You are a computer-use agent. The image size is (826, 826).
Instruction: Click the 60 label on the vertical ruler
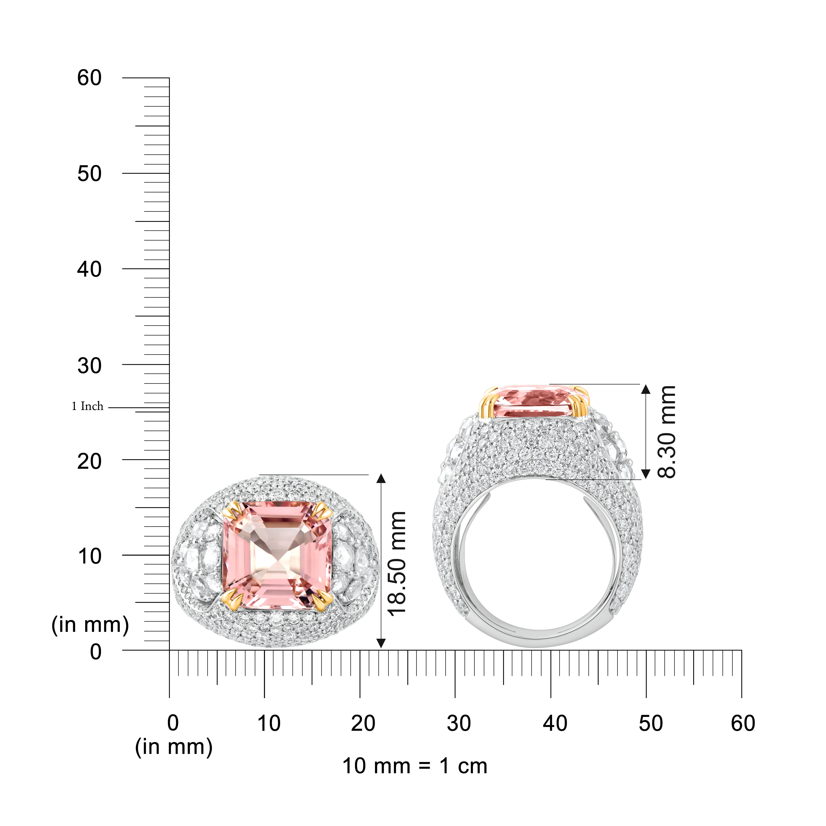(89, 78)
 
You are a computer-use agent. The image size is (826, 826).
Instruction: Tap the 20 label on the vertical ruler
(89, 461)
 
